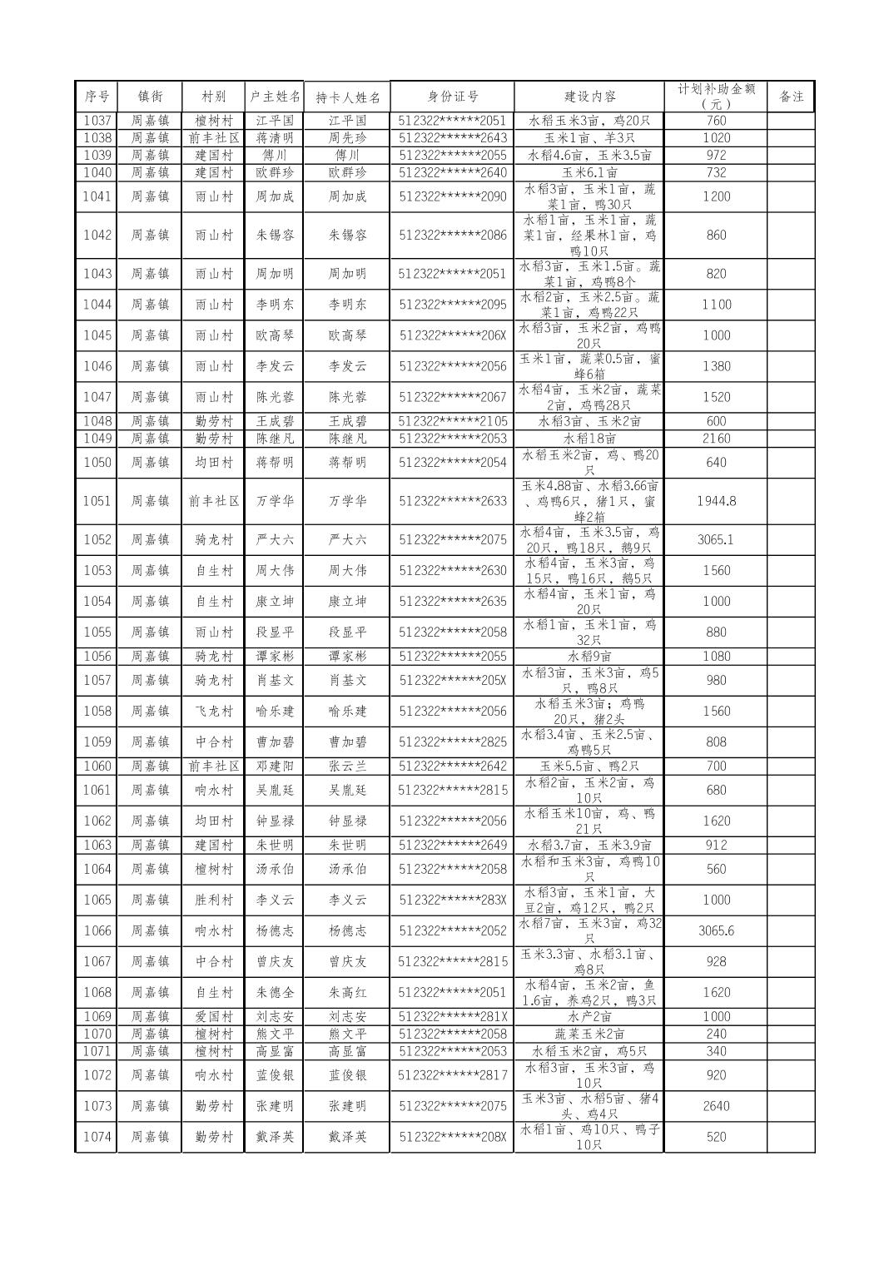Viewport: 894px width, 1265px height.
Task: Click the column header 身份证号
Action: point(453,97)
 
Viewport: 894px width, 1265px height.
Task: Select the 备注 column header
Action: point(791,97)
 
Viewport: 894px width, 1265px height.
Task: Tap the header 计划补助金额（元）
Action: point(716,97)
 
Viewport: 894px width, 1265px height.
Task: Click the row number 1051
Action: point(97,501)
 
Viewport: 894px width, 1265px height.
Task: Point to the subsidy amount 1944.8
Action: point(716,501)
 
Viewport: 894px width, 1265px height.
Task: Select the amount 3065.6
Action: point(716,930)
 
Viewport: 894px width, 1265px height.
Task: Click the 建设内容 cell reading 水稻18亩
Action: point(589,439)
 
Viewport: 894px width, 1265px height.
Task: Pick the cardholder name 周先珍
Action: point(347,138)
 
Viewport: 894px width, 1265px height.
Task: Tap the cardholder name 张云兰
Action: point(347,766)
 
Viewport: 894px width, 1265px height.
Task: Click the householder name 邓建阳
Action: point(275,766)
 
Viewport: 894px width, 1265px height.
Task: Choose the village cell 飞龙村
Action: point(214,711)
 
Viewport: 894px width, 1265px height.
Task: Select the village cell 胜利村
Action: point(214,900)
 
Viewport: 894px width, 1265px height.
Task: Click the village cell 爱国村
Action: point(214,1016)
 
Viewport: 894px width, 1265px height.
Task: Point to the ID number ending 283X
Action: point(453,900)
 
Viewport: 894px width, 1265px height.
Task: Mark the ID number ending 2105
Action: point(453,421)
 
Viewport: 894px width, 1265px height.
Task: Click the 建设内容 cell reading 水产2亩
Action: point(589,1016)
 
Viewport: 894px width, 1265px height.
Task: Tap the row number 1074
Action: point(97,1137)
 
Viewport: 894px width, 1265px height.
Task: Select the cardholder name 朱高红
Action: point(347,992)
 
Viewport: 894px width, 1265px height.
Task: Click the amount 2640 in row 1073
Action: point(716,1106)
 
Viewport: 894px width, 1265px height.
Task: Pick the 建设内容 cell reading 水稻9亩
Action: point(589,656)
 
